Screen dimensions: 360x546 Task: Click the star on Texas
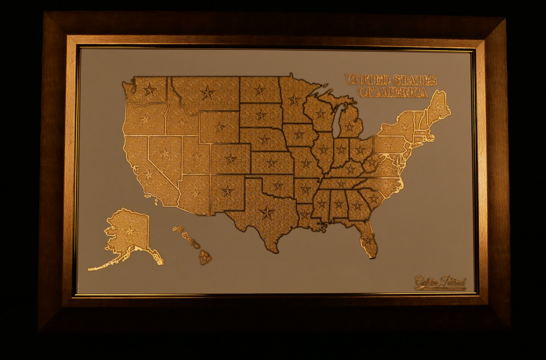click(267, 212)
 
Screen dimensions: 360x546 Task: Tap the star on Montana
click(207, 93)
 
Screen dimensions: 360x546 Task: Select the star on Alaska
click(130, 231)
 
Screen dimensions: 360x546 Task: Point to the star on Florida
click(368, 242)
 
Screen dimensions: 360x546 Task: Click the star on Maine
click(438, 108)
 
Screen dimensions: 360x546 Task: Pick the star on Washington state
click(149, 90)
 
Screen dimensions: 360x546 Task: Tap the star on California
click(148, 174)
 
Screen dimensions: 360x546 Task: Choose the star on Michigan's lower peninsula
click(349, 127)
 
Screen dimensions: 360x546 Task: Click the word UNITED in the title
click(367, 80)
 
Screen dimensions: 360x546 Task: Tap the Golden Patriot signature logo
click(440, 283)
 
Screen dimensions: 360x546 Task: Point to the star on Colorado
click(231, 158)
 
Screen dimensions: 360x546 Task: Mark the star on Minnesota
click(294, 99)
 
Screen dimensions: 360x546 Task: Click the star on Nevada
click(165, 153)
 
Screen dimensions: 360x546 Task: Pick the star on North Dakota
click(260, 90)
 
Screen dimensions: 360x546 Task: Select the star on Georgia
click(357, 205)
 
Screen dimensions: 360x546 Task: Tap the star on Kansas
click(272, 162)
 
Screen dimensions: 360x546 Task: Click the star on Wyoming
click(219, 127)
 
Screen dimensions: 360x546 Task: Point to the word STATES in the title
click(415, 81)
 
